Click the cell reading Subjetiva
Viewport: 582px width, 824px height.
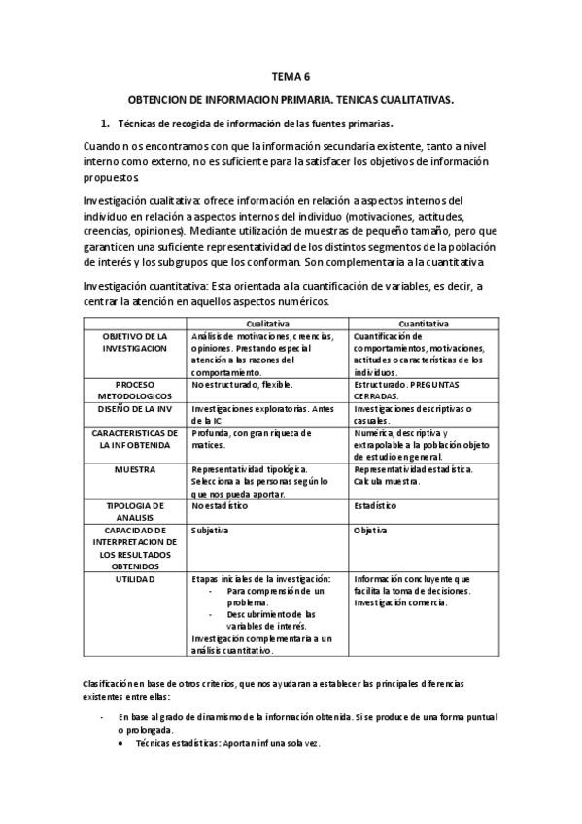click(x=211, y=531)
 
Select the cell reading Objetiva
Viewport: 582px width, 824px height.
click(x=371, y=531)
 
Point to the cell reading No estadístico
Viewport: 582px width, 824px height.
click(x=221, y=506)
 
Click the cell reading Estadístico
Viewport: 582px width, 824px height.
click(x=374, y=506)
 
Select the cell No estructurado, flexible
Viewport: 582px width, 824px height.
click(x=235, y=384)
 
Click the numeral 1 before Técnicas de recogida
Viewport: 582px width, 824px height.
click(x=104, y=124)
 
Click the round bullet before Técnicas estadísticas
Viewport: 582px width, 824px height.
click(x=120, y=743)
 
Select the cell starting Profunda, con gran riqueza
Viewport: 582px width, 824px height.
click(x=252, y=439)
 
